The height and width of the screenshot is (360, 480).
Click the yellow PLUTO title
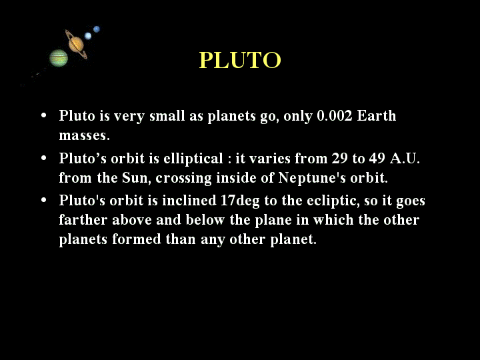pyautogui.click(x=240, y=60)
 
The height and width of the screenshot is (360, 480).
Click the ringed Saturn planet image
pyautogui.click(x=76, y=45)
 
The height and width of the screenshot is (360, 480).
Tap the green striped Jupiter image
pyautogui.click(x=59, y=58)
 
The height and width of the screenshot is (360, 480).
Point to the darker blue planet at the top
pyautogui.click(x=97, y=29)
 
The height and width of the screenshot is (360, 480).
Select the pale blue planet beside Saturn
pyautogui.click(x=88, y=36)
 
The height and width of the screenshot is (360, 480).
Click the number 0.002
pyautogui.click(x=335, y=116)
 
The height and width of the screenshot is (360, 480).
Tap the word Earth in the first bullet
pyautogui.click(x=377, y=116)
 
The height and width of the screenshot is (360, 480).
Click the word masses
pyautogui.click(x=84, y=135)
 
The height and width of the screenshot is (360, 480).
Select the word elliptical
pyautogui.click(x=193, y=159)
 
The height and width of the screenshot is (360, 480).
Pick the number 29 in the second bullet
pyautogui.click(x=340, y=158)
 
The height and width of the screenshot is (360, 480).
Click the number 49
pyautogui.click(x=377, y=158)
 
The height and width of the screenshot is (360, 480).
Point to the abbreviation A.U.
pyautogui.click(x=405, y=158)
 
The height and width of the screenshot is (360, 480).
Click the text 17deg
pyautogui.click(x=240, y=201)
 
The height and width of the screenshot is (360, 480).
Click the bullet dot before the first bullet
pyautogui.click(x=44, y=116)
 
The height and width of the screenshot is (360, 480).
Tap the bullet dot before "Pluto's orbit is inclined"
pyautogui.click(x=44, y=201)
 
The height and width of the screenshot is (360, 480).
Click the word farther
pyautogui.click(x=83, y=220)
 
